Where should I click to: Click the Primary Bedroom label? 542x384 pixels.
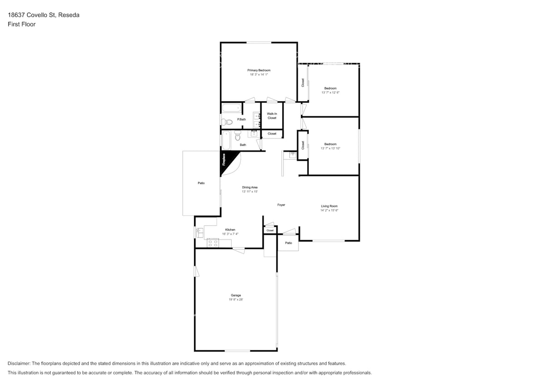(259, 71)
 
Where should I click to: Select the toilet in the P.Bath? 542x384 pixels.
(228, 121)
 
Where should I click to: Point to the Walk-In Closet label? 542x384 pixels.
(272, 116)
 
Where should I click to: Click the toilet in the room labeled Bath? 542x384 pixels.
(237, 137)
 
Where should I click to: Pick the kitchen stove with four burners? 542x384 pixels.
(213, 243)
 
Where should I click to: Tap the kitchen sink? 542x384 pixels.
(199, 232)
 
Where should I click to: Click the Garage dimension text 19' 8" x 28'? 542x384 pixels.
(235, 299)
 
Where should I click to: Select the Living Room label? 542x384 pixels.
(329, 206)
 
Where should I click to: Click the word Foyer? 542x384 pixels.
(281, 205)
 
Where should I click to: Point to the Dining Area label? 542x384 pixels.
(250, 187)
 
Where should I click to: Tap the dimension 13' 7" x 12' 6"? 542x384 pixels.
(330, 92)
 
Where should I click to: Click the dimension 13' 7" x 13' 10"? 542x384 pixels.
(330, 148)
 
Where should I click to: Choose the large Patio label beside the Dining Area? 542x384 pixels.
(201, 183)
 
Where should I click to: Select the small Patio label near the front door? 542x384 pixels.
(288, 243)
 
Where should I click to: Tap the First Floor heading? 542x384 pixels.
(21, 25)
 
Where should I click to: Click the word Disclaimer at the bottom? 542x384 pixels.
(19, 364)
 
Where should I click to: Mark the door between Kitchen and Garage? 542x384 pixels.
(238, 249)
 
